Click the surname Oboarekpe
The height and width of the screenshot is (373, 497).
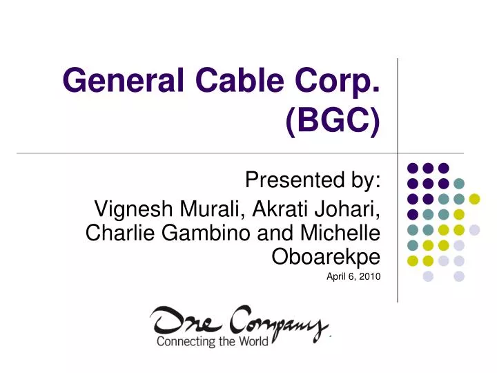[327, 257]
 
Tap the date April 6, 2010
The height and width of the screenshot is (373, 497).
[353, 277]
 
